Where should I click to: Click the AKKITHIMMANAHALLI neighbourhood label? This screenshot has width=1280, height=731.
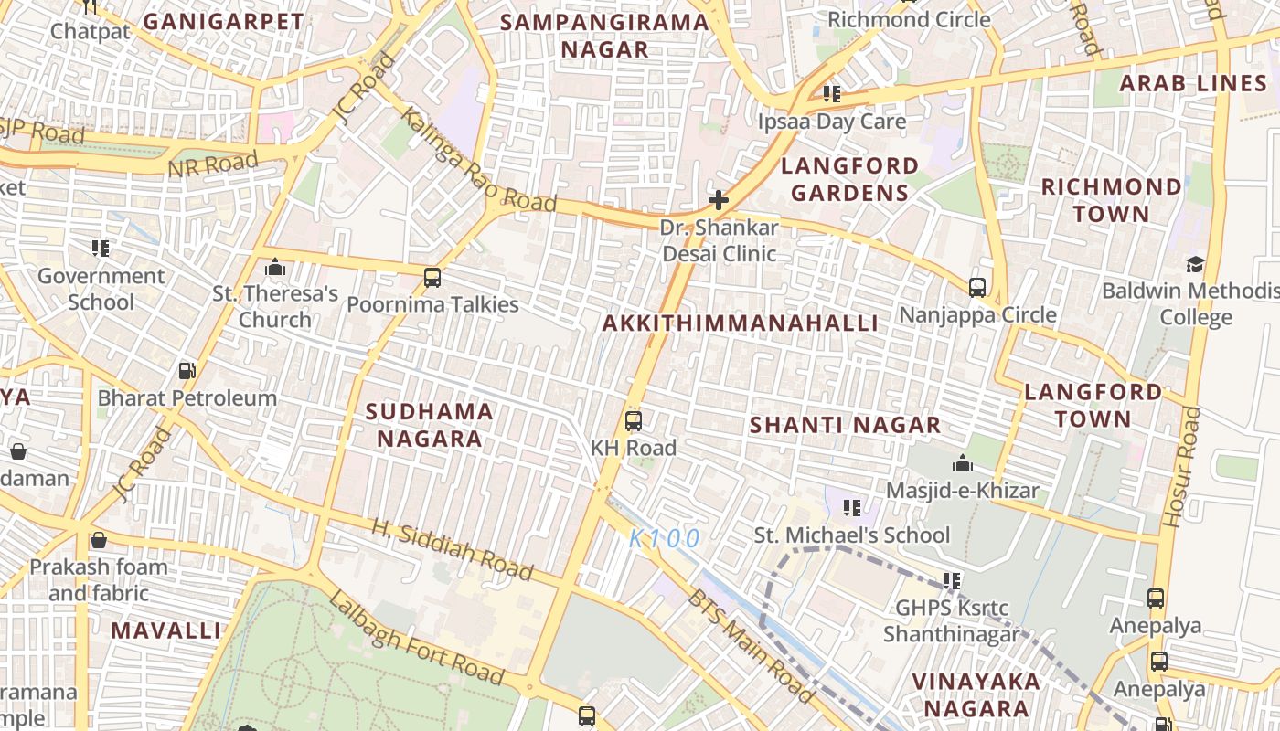740,323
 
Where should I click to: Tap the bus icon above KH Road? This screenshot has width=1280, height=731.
633,421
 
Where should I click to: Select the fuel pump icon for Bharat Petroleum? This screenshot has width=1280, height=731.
187,371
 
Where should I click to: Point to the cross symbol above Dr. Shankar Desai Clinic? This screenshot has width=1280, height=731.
719,200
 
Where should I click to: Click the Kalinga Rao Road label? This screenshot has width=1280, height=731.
477,161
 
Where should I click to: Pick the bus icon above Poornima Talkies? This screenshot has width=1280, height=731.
432,278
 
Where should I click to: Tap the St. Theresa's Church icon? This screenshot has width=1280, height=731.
274,268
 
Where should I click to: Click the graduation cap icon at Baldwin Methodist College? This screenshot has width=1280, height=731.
1195,265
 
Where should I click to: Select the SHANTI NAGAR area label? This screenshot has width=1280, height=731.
845,425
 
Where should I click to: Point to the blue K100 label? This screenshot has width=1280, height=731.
665,538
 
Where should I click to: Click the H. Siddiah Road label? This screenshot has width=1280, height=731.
452,549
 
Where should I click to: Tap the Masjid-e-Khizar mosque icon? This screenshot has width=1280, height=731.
962,464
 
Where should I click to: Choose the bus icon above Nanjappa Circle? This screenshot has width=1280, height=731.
976,288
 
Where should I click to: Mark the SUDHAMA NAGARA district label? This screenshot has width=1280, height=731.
429,425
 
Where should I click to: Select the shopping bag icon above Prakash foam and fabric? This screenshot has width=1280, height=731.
98,540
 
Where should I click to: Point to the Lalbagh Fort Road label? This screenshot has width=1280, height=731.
416,638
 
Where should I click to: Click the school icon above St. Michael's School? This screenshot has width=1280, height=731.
852,507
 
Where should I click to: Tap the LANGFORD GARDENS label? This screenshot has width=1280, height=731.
849,179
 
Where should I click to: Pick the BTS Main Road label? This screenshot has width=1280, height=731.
751,647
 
